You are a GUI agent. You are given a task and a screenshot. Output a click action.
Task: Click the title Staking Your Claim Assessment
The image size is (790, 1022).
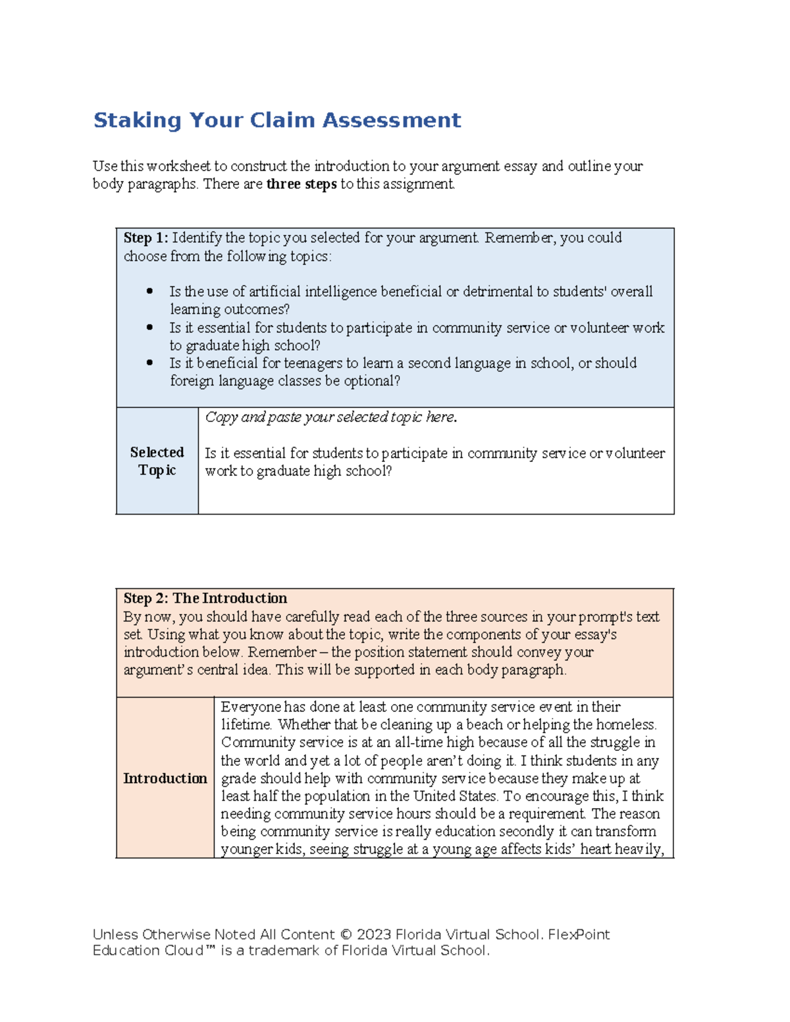click(x=276, y=120)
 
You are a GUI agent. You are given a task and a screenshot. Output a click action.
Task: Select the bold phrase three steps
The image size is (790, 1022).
click(x=301, y=184)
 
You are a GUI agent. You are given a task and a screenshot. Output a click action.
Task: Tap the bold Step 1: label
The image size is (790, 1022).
click(x=145, y=238)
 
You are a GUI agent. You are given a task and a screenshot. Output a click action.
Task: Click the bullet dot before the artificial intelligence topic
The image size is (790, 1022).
click(x=150, y=291)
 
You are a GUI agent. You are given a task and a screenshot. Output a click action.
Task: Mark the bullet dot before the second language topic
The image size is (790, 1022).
click(x=150, y=363)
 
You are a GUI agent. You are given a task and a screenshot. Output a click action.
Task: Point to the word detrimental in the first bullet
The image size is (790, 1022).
click(x=498, y=292)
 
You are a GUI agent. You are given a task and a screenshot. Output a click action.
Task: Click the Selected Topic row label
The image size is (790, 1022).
click(x=157, y=461)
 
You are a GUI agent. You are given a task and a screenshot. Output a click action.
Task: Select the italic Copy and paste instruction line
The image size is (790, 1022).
click(x=330, y=417)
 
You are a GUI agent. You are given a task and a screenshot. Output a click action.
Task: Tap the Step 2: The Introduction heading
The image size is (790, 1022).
click(x=205, y=598)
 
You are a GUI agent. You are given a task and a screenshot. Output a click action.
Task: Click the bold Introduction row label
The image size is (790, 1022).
click(x=165, y=779)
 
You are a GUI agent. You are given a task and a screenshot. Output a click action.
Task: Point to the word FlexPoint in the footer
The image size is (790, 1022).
click(x=579, y=934)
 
